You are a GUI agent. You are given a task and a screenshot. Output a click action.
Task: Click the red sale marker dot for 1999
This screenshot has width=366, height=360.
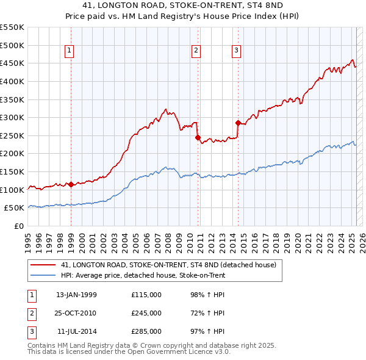(71, 184)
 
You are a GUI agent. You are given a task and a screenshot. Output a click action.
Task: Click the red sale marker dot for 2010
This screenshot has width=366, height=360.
(198, 137)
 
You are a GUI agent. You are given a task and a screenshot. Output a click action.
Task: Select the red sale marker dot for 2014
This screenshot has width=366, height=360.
(237, 123)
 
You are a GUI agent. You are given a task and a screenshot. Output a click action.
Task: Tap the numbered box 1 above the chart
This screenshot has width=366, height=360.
(71, 51)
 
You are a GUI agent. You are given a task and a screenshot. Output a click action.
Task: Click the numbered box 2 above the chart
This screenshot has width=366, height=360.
(196, 51)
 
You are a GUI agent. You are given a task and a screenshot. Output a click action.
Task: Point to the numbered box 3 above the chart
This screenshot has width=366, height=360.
(236, 51)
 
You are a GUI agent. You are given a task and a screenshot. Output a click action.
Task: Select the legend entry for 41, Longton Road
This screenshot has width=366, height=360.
(169, 265)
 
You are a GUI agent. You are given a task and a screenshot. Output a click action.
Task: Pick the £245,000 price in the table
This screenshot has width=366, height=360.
(146, 313)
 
